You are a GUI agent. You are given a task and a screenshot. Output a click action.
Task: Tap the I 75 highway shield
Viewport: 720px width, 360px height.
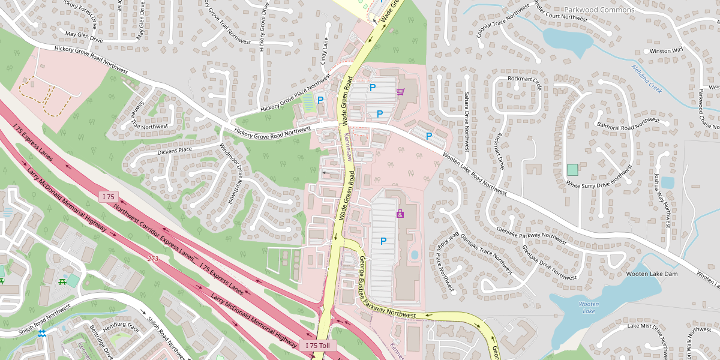click(109, 197)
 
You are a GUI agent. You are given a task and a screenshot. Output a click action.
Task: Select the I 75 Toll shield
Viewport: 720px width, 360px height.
click(318, 346)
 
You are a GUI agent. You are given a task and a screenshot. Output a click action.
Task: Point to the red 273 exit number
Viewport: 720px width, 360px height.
click(153, 259)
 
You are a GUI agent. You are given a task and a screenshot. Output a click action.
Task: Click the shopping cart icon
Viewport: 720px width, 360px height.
click(400, 92)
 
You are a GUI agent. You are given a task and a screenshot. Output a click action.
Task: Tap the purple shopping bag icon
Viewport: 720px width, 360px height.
click(400, 214)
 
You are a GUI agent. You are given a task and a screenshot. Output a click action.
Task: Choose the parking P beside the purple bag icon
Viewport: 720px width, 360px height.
click(383, 241)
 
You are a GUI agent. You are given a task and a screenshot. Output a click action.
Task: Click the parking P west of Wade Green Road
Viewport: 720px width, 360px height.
click(320, 100)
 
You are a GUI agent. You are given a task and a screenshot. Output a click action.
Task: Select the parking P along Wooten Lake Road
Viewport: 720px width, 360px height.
click(429, 136)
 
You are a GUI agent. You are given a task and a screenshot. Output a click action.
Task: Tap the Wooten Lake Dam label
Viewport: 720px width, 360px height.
click(652, 274)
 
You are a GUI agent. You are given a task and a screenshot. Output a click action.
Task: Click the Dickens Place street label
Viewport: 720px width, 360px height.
click(175, 149)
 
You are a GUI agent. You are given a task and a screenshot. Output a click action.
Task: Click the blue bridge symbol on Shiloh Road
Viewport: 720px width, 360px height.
click(42, 333)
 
